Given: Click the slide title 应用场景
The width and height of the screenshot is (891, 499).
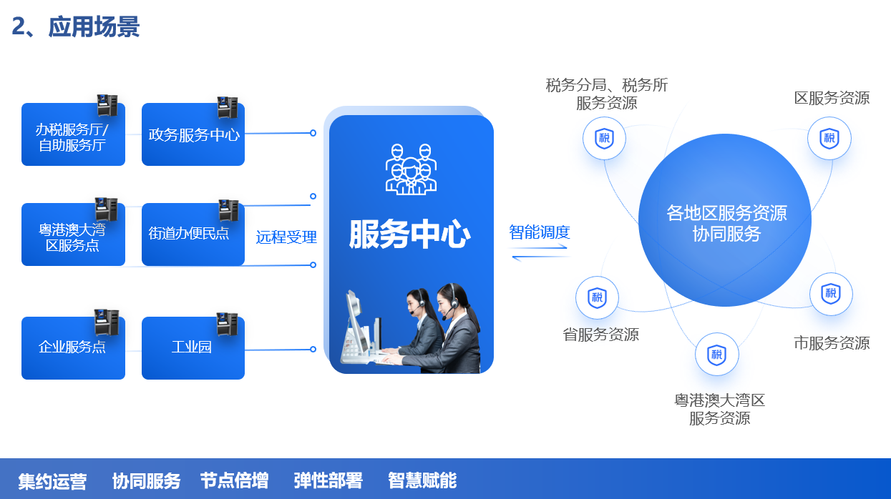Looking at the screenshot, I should (x=93, y=26).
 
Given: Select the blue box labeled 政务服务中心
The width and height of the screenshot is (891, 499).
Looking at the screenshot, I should (x=193, y=134).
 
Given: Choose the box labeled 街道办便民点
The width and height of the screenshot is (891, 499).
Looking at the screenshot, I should (x=190, y=234).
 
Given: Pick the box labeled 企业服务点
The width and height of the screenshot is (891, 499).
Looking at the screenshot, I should (x=73, y=348).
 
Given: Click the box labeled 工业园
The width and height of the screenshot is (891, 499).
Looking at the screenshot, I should (x=192, y=348).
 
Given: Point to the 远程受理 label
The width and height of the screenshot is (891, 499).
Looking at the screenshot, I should (x=286, y=237).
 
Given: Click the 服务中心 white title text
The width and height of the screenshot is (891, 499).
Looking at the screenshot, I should (x=410, y=234).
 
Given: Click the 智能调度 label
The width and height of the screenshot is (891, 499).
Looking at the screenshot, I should (x=540, y=232).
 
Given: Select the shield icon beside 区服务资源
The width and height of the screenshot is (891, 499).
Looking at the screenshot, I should (x=829, y=138).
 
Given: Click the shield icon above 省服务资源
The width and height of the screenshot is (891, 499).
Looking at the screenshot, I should (x=597, y=297).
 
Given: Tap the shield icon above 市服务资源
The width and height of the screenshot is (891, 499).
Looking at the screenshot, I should (x=831, y=294).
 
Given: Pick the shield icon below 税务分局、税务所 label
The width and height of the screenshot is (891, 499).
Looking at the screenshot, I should (x=604, y=138).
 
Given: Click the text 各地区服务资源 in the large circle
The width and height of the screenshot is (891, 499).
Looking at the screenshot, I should (x=726, y=213).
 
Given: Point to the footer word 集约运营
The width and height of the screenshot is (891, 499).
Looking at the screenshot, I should (x=52, y=481).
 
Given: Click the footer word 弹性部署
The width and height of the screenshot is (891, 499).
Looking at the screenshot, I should (x=328, y=480).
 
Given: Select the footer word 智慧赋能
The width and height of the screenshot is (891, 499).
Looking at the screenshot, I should (x=422, y=480).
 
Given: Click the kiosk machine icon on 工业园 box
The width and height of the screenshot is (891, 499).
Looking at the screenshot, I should (x=227, y=324).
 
